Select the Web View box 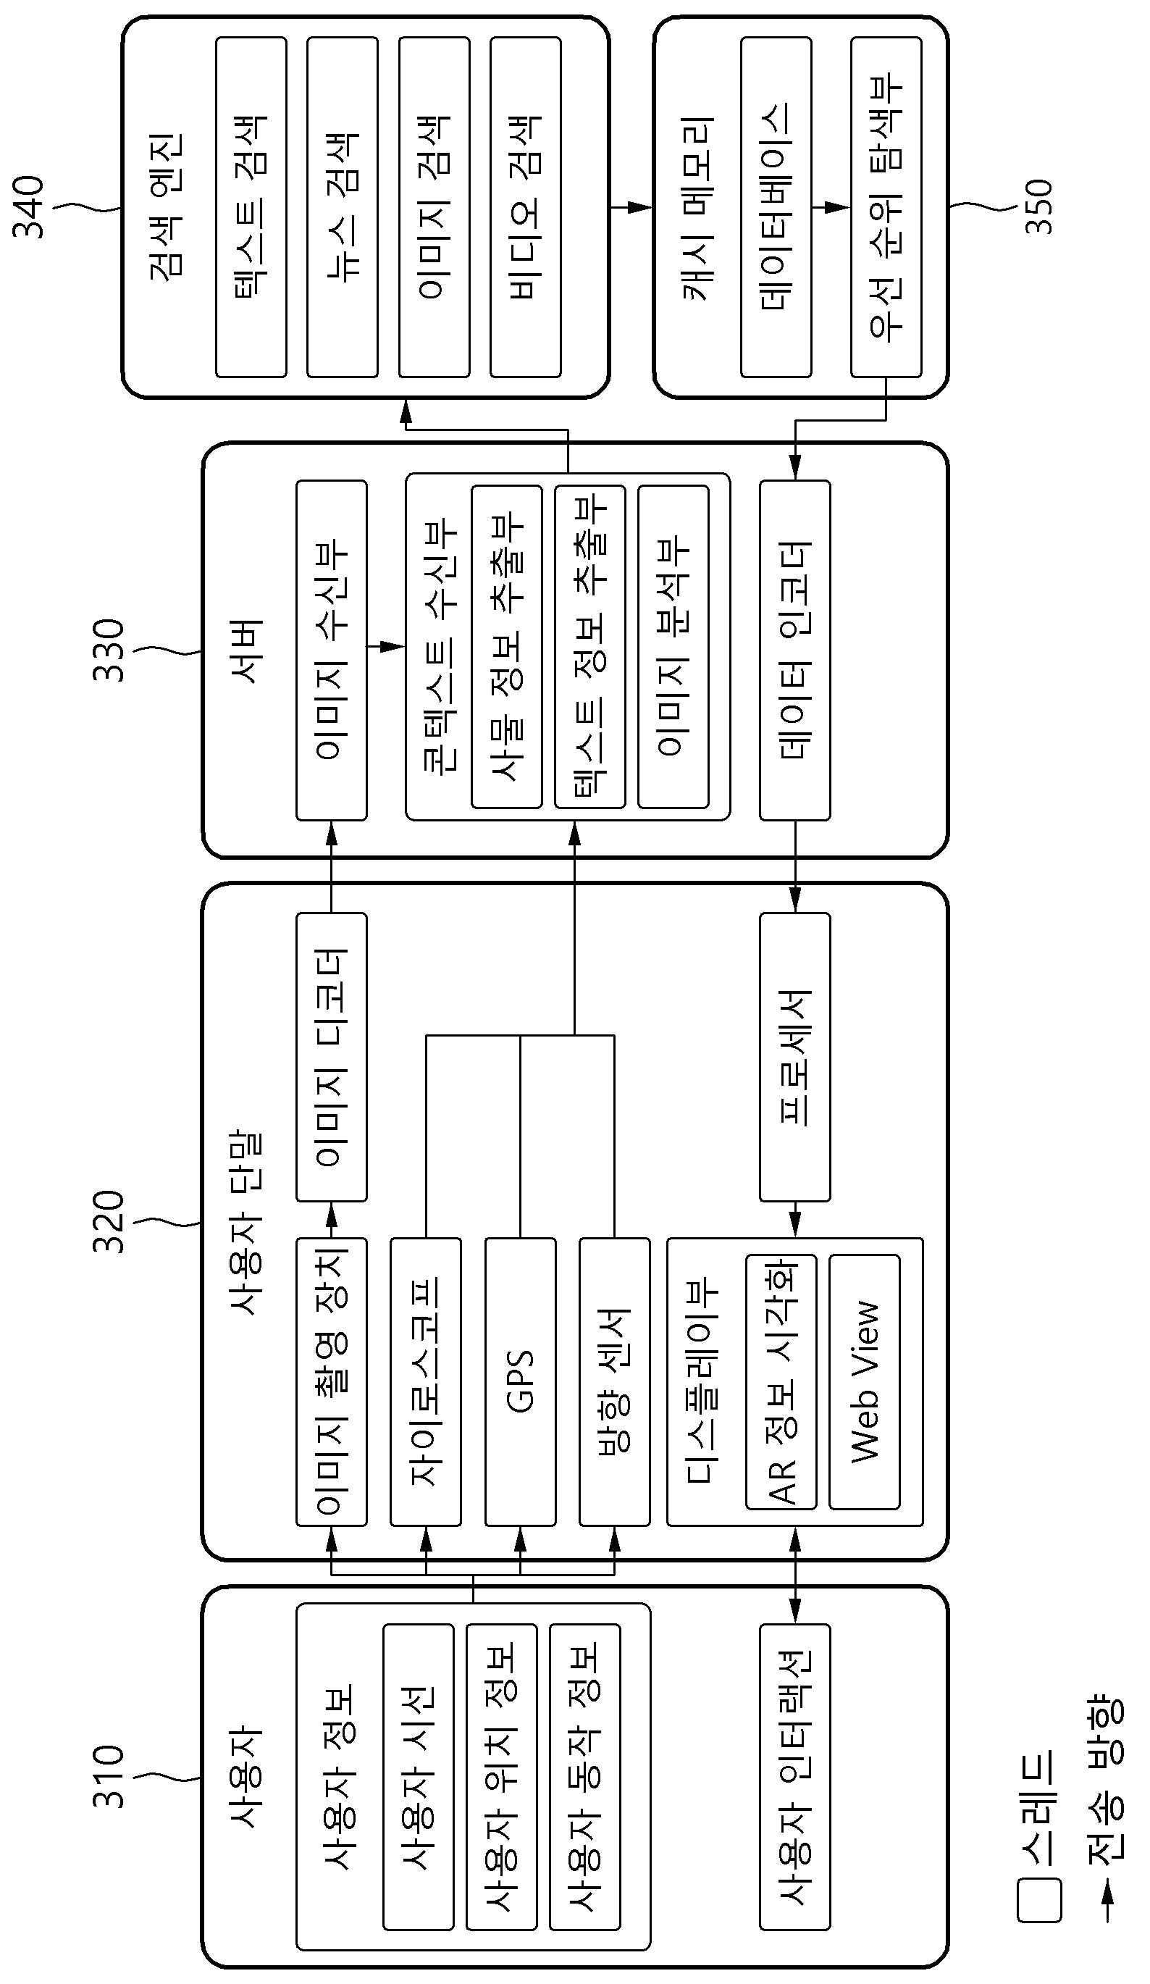point(864,1382)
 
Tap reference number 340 point(28,207)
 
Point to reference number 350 point(1038,207)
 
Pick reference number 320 point(109,1222)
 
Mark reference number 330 point(109,650)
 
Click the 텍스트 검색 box point(251,207)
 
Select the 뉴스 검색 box point(343,207)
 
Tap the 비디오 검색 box point(526,207)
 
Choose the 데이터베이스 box point(776,207)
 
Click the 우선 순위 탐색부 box point(886,207)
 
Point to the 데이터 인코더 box point(795,650)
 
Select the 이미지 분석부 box point(673,646)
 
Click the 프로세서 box point(795,1058)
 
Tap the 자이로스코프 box point(426,1382)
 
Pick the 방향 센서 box point(615,1382)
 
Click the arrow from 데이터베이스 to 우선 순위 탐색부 point(831,207)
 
